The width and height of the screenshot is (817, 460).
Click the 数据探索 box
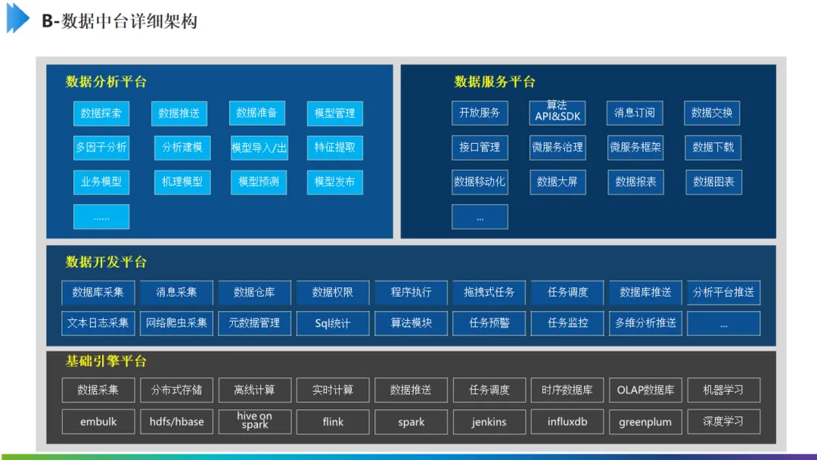[101, 113]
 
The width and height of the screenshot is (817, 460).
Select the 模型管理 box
[334, 113]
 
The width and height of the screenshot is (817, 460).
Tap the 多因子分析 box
[101, 148]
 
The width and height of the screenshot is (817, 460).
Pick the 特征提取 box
[334, 148]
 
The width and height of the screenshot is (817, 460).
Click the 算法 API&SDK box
[558, 112]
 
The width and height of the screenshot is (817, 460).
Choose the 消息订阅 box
[635, 113]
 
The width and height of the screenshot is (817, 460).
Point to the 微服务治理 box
[558, 148]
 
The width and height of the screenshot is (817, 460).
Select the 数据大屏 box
[558, 182]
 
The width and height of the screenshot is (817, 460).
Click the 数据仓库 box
[254, 292]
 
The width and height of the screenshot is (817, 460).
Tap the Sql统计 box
[333, 323]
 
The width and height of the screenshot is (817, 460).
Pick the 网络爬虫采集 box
[176, 323]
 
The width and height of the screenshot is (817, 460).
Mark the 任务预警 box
[489, 323]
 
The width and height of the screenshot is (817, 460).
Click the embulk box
[98, 421]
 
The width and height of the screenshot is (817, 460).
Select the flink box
[333, 421]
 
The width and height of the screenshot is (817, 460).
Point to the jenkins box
[489, 421]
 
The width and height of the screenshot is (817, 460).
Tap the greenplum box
[645, 421]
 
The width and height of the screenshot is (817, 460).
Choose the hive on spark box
[255, 421]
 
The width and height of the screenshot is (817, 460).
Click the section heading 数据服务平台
[495, 82]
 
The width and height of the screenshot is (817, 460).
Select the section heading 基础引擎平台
[106, 361]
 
